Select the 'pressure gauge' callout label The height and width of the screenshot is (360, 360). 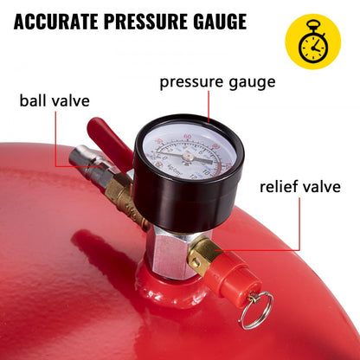(217, 83)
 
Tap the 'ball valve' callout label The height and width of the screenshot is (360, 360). (55, 100)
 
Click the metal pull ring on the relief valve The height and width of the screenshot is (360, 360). (256, 309)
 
